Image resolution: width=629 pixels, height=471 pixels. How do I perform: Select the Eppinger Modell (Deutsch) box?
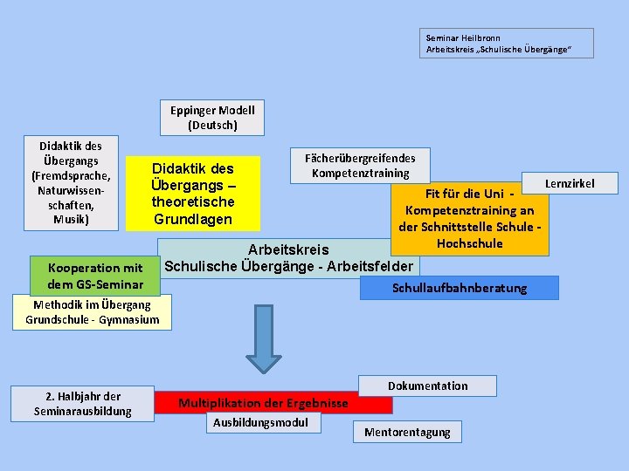click(x=213, y=118)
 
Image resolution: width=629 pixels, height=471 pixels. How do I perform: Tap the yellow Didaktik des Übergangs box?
click(x=192, y=194)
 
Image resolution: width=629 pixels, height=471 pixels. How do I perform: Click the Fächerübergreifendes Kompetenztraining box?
click(x=360, y=165)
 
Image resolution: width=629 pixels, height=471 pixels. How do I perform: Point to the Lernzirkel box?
click(x=570, y=183)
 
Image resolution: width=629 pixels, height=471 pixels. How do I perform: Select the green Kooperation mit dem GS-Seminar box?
click(x=96, y=276)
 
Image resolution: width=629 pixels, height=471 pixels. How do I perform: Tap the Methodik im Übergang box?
click(x=93, y=312)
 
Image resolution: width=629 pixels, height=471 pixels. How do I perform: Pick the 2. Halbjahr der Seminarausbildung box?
click(x=83, y=403)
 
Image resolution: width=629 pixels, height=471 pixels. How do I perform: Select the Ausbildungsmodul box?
click(x=261, y=422)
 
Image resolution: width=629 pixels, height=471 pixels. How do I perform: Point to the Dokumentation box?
click(x=428, y=386)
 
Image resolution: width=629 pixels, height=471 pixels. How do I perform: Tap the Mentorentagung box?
click(x=407, y=432)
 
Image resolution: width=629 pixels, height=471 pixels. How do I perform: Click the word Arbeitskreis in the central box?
click(x=288, y=250)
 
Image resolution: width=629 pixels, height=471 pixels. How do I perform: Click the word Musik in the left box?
click(x=71, y=220)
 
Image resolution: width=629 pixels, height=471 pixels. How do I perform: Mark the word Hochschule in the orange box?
click(x=469, y=243)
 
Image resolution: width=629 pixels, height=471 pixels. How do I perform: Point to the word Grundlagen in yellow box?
click(x=192, y=219)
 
